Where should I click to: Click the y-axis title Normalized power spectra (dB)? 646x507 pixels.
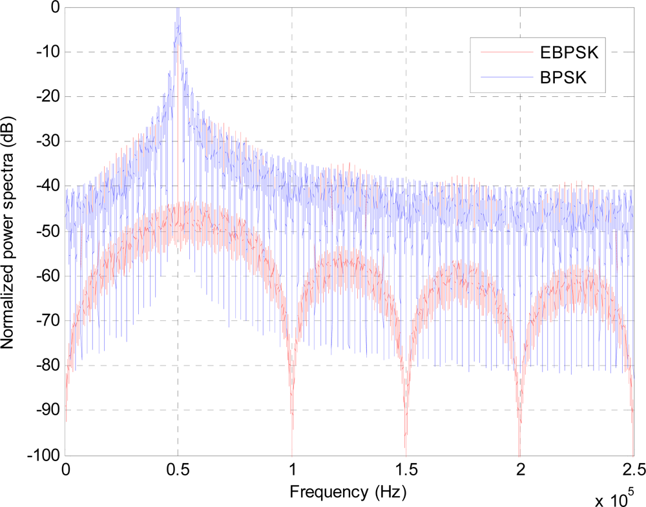click(x=10, y=230)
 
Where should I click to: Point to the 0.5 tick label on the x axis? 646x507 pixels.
click(x=178, y=470)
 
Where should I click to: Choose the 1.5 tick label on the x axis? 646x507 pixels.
click(x=406, y=470)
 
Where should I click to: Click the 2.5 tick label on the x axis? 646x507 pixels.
click(x=633, y=470)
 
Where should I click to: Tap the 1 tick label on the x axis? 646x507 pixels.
click(x=292, y=470)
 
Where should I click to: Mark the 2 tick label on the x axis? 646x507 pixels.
click(x=519, y=470)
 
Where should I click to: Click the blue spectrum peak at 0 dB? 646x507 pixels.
click(x=178, y=9)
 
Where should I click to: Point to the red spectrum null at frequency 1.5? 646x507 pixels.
click(x=406, y=446)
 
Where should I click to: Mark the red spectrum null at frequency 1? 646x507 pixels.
click(x=292, y=446)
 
